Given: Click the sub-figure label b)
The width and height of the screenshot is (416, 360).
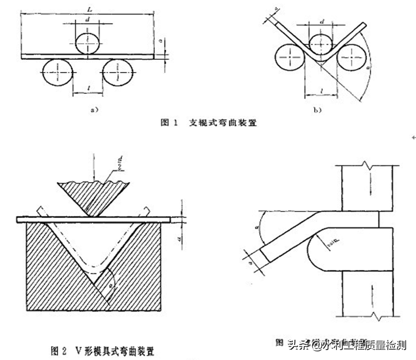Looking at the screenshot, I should [x=317, y=109].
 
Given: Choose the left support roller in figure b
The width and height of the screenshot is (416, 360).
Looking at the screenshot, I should [x=292, y=59].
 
